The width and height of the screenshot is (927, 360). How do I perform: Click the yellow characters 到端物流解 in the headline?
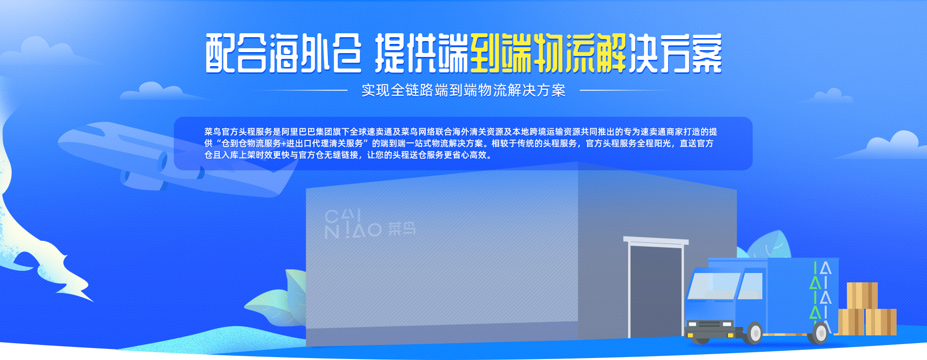coord(548,53)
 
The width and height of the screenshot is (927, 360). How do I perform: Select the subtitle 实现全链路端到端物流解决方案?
coord(463,90)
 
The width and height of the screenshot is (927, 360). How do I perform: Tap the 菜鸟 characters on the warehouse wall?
coord(402,229)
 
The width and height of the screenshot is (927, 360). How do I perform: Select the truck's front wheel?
coord(754,333)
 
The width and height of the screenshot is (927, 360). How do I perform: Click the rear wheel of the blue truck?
coord(820,333)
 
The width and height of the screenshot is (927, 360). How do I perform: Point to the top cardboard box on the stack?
coord(862,295)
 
